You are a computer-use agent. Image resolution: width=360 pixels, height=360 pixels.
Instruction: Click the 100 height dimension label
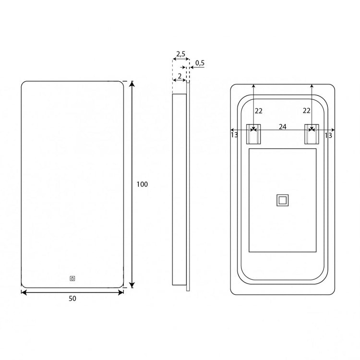tap(142, 184)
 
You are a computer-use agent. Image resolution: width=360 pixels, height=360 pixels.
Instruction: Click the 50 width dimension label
tap(72, 299)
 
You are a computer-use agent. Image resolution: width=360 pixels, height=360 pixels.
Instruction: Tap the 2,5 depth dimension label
tap(180, 54)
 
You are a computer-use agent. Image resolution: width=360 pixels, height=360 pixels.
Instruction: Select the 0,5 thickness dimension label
tap(200, 63)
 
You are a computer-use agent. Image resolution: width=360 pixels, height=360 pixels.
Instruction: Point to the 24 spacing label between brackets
tap(282, 127)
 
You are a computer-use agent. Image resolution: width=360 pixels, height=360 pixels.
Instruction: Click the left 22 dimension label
tap(259, 111)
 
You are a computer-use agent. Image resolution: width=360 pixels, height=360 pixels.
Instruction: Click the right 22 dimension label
tap(307, 111)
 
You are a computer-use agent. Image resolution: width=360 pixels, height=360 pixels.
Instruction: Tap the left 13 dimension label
tap(234, 135)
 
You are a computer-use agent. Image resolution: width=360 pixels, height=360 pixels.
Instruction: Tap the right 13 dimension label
tap(328, 135)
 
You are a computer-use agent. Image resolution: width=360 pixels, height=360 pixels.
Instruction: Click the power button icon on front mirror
tap(72, 278)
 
